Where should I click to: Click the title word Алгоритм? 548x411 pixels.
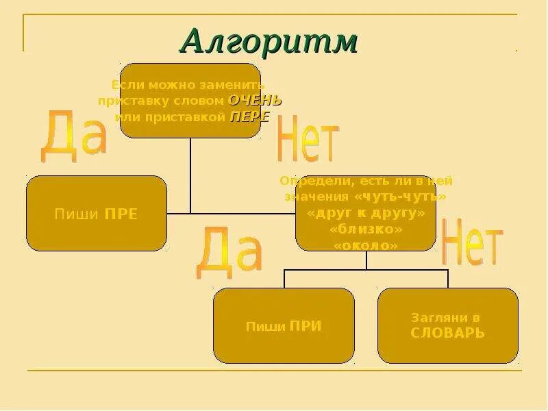coord(269,42)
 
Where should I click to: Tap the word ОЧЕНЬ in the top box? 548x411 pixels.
coord(254,101)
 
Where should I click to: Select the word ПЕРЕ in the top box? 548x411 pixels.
coord(249,116)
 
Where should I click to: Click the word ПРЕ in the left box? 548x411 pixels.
coord(121,214)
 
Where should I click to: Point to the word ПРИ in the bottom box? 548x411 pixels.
coord(306,326)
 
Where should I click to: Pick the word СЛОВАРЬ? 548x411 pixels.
coord(447,334)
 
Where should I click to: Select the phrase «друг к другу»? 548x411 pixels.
coord(366,213)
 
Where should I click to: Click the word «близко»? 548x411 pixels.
coord(366,229)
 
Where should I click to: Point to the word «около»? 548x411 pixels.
coord(366,245)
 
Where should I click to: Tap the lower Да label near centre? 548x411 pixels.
coord(229,254)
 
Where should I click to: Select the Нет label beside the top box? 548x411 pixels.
coord(308,140)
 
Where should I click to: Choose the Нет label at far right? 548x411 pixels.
coord(472,242)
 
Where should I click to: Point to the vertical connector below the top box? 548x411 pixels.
coord(190,175)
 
